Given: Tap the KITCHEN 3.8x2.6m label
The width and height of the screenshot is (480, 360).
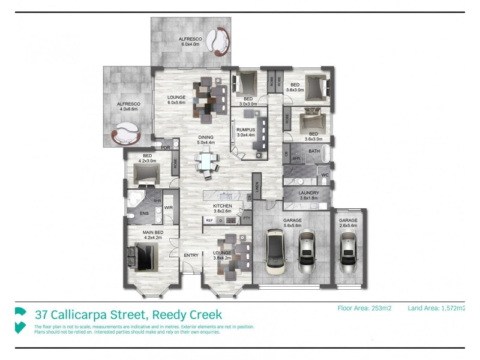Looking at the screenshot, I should [222, 209].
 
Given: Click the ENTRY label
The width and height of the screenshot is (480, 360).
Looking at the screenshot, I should [191, 256].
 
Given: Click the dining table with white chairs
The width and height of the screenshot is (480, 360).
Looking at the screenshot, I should [206, 163].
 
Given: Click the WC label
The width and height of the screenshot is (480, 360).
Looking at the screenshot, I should [324, 175].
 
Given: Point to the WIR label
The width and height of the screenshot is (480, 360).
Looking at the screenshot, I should [169, 208].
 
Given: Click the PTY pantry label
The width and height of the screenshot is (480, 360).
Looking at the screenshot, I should [246, 218].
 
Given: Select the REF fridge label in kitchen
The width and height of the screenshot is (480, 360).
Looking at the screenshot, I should [209, 221].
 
